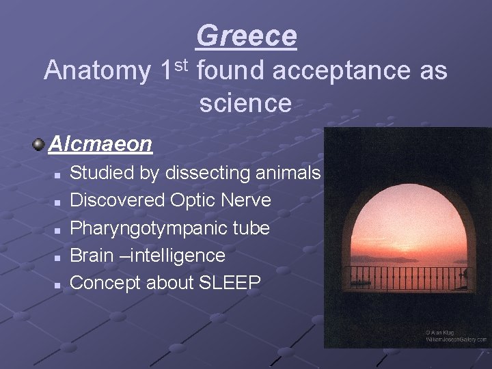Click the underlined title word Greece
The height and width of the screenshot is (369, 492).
tap(247, 36)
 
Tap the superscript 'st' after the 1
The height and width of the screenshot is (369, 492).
tap(180, 64)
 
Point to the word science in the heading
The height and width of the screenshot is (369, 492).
tap(246, 103)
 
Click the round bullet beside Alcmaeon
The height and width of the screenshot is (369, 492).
tap(38, 144)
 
